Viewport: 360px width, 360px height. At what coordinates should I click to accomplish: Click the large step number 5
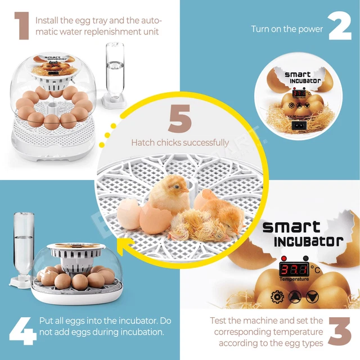click(x=180, y=119)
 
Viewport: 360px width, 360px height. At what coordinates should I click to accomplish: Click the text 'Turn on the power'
click(x=287, y=29)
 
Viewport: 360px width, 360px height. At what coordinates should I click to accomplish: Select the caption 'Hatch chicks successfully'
click(x=180, y=143)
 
